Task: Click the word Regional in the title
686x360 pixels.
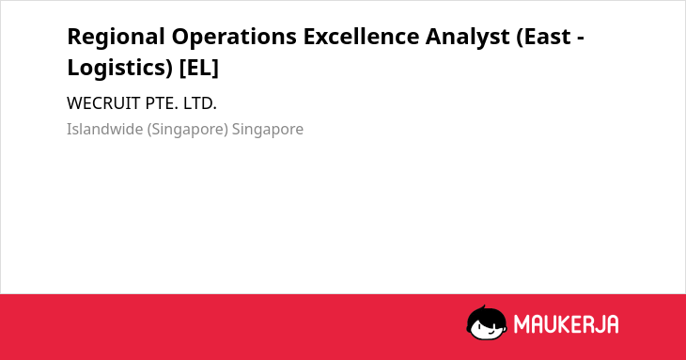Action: coord(116,38)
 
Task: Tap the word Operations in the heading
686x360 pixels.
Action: coord(234,37)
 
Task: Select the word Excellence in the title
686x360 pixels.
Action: coord(362,37)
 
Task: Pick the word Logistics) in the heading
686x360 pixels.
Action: coord(120,69)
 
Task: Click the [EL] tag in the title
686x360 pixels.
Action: coord(199,69)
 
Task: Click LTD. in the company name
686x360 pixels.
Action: coord(200,103)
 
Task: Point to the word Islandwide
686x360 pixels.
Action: coord(105,129)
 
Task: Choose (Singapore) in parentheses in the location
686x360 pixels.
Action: coord(188,130)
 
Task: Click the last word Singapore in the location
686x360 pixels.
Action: coord(268,130)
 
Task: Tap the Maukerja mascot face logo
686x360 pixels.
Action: coord(487,322)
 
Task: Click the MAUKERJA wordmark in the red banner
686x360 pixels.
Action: coord(566,324)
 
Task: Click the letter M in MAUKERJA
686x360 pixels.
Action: coord(522,324)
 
